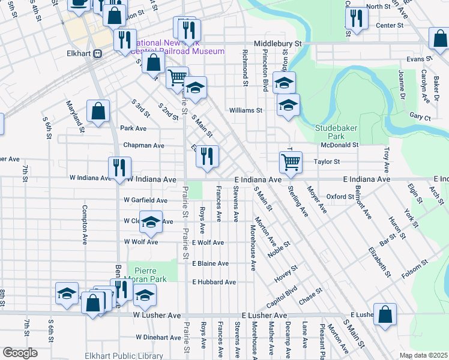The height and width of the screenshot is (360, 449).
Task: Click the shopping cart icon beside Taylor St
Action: click(291, 161)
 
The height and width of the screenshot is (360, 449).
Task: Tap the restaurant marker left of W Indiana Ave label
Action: click(118, 167)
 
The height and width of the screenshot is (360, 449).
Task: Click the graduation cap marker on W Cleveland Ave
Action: click(151, 222)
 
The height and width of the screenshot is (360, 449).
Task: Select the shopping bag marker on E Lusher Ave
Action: click(385, 314)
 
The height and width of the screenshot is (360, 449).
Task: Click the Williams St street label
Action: click(246, 110)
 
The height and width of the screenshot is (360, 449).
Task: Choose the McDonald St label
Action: click(339, 145)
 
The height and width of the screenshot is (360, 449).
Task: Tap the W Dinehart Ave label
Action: click(158, 337)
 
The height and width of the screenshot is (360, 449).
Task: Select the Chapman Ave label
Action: click(143, 145)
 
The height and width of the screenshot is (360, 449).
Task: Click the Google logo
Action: click(20, 353)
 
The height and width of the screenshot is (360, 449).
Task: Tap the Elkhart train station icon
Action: click(97, 53)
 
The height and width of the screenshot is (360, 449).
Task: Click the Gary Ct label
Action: click(420, 119)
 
